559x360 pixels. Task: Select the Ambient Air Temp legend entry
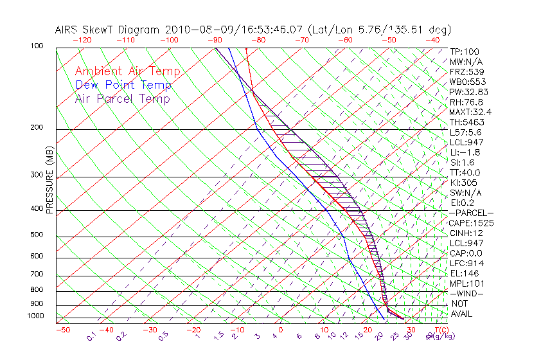128,71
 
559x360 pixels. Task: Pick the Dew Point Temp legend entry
123,85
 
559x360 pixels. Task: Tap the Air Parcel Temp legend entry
123,98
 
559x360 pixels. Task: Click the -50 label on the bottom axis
62,330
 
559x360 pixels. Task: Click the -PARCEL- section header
471,213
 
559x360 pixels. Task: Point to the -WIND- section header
467,293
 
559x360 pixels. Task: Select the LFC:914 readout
466,263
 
